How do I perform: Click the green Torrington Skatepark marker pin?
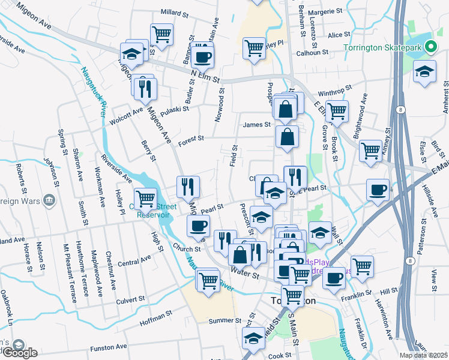point(430,47)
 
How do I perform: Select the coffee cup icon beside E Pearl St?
point(378,190)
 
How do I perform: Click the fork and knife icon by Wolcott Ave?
point(145,88)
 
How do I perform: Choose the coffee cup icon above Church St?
point(198,226)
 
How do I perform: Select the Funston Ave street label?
point(109,347)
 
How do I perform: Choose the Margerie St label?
point(325,11)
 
